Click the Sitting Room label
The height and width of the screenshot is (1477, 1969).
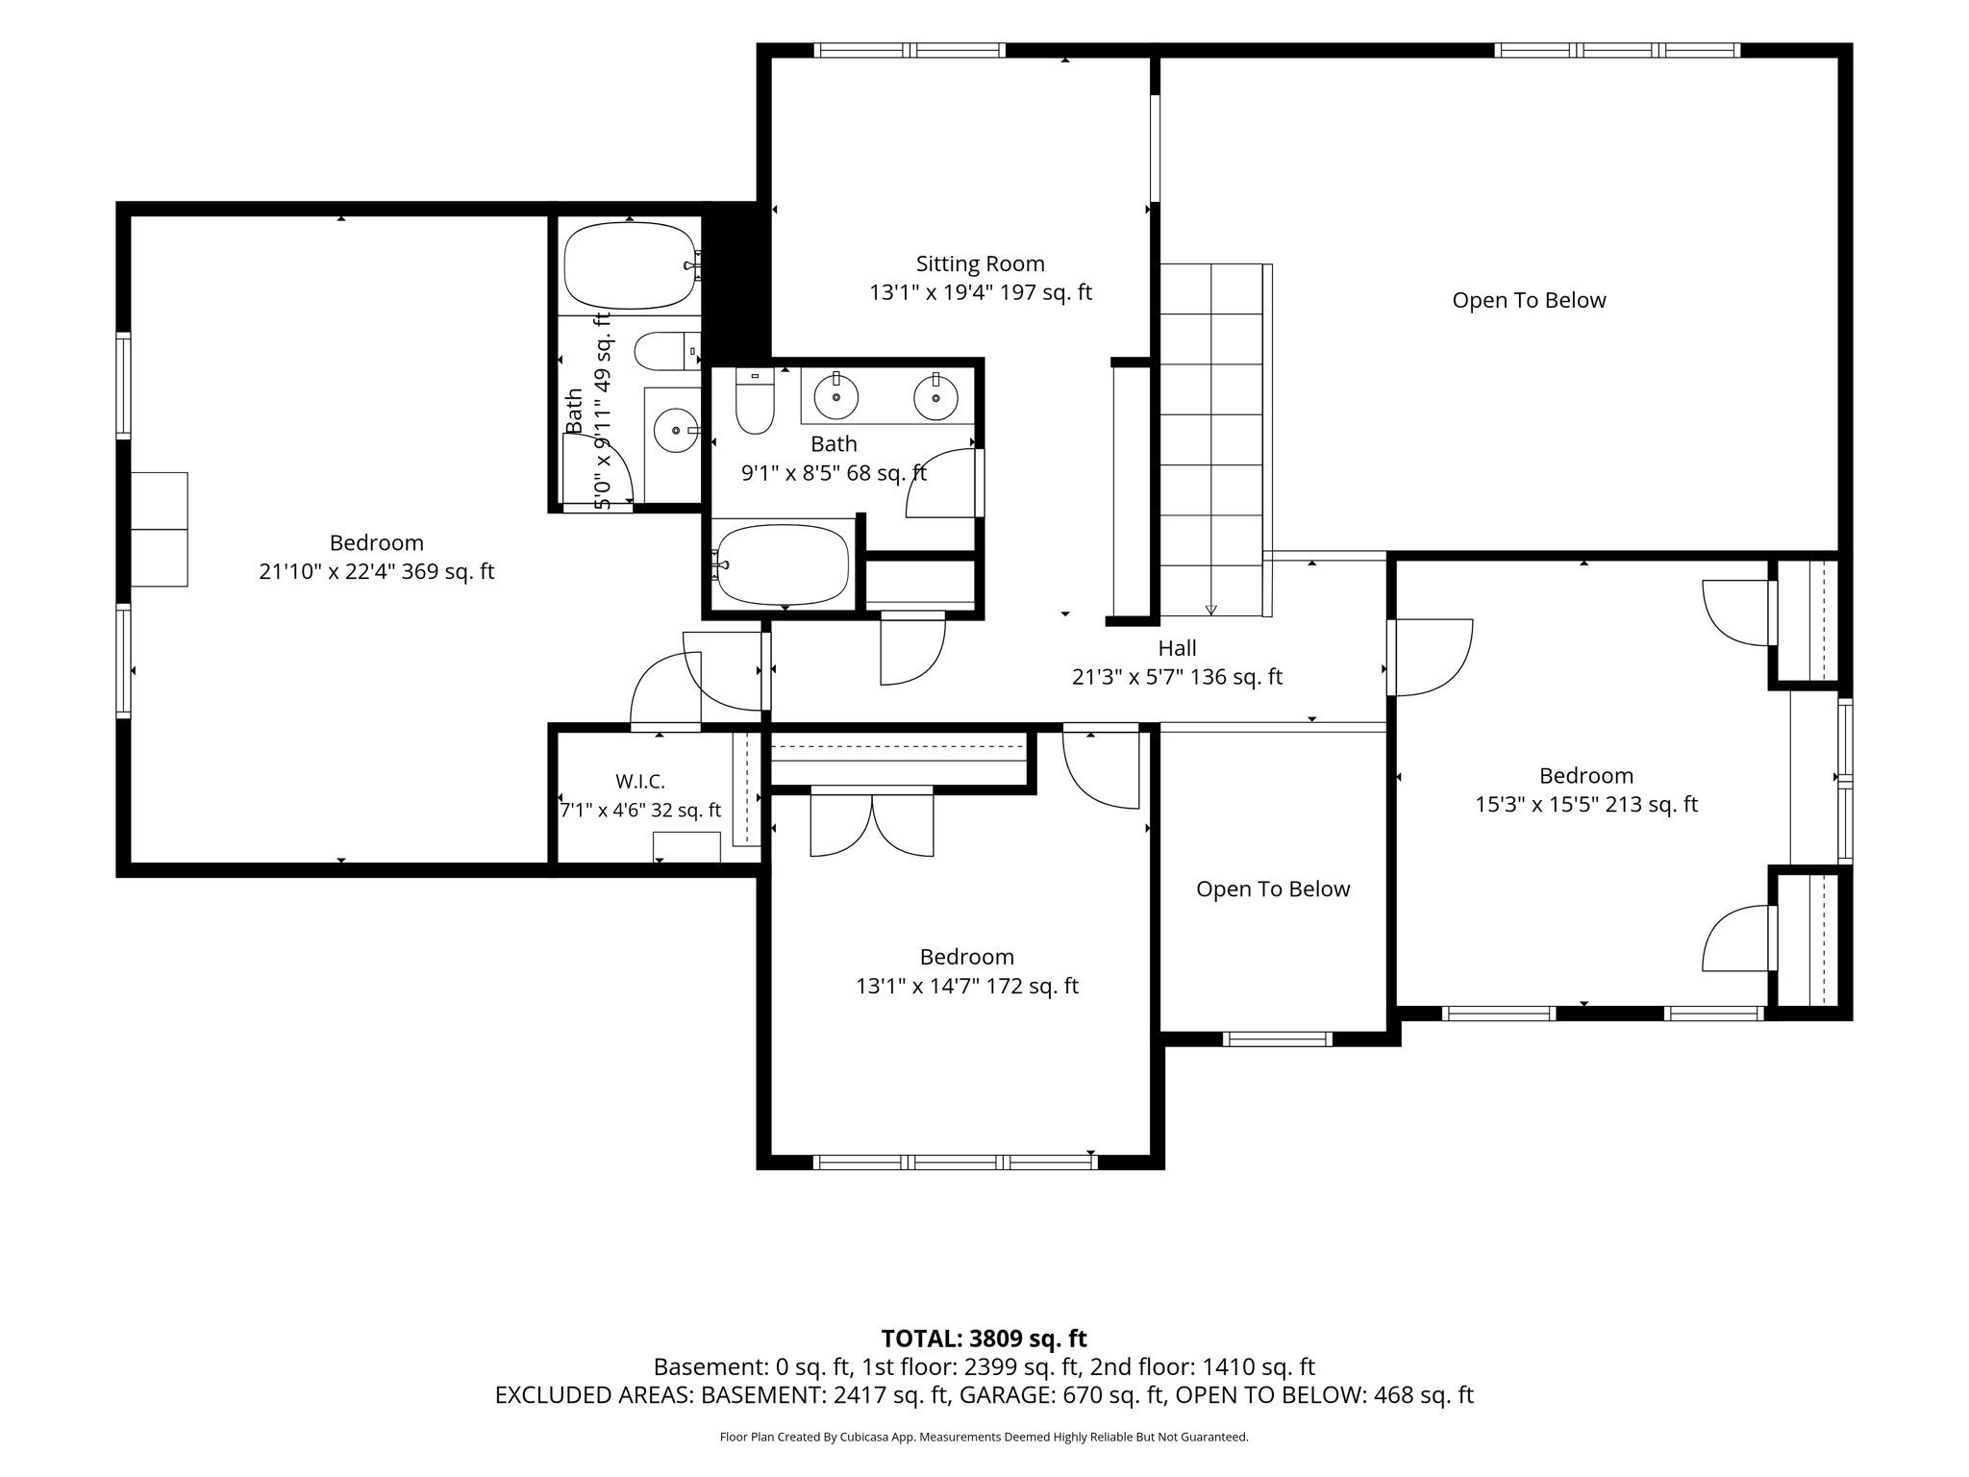coord(980,263)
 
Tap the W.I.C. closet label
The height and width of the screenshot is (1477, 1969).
coord(640,781)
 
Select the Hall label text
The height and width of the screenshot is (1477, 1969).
coord(1177,648)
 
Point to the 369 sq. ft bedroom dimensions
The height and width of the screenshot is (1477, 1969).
coord(376,571)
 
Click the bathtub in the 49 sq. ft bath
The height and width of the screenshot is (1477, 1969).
coord(630,266)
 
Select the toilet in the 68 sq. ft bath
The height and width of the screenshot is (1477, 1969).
coord(755,400)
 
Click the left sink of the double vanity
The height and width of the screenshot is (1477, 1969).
coord(836,396)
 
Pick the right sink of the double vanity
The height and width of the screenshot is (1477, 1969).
coord(935,397)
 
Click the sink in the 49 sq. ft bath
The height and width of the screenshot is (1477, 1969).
coord(676,431)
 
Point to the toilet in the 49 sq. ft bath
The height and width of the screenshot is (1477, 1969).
coord(667,351)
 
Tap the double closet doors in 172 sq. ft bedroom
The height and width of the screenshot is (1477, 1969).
coord(871,822)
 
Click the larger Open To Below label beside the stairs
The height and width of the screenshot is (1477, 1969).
coord(1529,300)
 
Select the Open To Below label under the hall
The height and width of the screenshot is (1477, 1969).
coord(1273,889)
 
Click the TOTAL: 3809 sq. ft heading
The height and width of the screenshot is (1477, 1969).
coord(984,1339)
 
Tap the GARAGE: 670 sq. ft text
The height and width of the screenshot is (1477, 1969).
coord(1062,1395)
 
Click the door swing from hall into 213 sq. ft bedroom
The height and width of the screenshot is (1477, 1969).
coord(1430,657)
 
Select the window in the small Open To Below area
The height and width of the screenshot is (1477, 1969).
coord(1277,1039)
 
